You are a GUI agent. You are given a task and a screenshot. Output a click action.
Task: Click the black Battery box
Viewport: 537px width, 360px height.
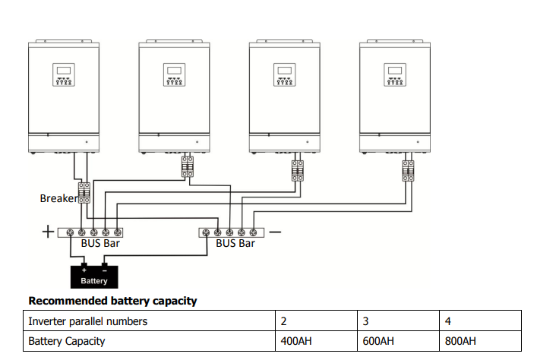[94, 276]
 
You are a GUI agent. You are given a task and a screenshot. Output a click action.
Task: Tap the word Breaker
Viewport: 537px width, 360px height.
[58, 198]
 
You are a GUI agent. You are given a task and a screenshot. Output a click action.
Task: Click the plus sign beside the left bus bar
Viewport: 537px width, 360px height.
[48, 232]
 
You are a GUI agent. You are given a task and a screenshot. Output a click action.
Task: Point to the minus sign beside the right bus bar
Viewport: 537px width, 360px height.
[275, 232]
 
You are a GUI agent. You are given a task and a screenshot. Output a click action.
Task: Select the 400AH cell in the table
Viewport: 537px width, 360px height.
[316, 341]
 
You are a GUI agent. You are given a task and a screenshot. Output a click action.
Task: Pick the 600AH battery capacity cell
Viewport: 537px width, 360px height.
[398, 341]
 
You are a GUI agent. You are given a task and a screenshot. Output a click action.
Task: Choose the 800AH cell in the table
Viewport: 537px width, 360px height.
[480, 341]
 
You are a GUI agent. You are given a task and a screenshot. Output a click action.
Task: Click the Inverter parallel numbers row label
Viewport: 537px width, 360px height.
[87, 321]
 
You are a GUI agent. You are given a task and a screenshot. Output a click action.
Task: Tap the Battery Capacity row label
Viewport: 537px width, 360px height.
[66, 341]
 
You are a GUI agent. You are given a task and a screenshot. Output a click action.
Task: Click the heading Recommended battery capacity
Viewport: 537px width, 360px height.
[112, 301]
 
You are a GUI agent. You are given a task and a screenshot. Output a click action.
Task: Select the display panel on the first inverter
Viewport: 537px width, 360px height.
[64, 74]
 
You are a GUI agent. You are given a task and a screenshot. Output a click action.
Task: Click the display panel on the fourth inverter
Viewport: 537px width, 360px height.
[395, 74]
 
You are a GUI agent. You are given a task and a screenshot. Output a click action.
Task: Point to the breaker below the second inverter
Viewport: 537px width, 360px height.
[188, 167]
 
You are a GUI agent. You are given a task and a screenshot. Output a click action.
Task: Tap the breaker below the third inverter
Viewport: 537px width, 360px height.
[298, 171]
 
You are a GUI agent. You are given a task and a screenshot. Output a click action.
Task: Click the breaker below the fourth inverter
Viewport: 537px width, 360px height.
[408, 171]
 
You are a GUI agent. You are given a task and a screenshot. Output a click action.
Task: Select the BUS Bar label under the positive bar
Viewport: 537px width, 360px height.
[100, 244]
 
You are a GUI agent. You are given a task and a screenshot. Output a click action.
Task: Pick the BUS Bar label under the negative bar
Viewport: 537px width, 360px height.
[235, 244]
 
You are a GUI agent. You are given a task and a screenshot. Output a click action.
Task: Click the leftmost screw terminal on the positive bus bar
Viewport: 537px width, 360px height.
[70, 233]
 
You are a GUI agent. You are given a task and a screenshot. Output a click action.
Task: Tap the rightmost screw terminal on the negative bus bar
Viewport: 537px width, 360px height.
[253, 233]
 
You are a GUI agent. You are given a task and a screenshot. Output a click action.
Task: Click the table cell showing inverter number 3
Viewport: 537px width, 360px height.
[398, 321]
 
